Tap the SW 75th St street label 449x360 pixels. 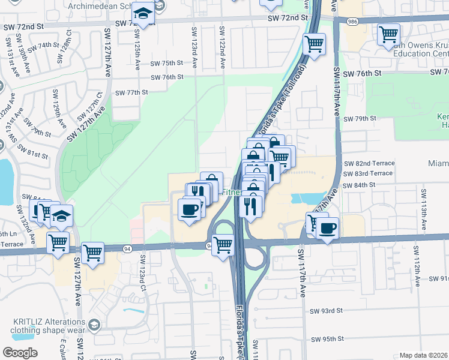pyautogui.click(x=166, y=63)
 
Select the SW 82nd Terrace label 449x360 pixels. pyautogui.click(x=369, y=163)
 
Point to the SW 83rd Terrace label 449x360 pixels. pyautogui.click(x=369, y=173)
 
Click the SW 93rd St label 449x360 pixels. pyautogui.click(x=326, y=311)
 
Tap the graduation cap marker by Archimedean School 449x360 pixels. pyautogui.click(x=143, y=13)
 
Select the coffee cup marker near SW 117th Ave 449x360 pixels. pyautogui.click(x=328, y=229)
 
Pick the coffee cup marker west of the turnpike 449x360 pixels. pyautogui.click(x=190, y=209)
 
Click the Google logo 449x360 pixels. pyautogui.click(x=20, y=353)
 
